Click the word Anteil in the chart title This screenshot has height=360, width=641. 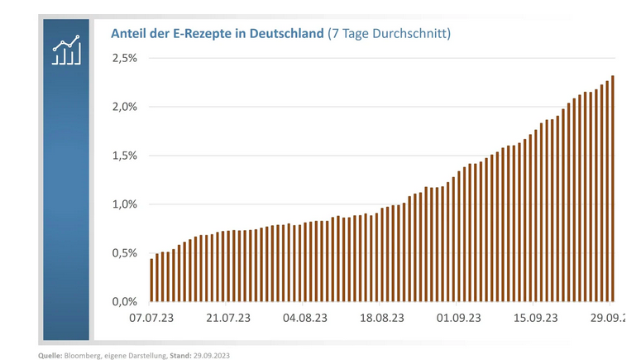(x=129, y=34)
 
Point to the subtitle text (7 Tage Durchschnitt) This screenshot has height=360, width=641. (x=389, y=34)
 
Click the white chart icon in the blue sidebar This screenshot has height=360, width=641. (x=66, y=50)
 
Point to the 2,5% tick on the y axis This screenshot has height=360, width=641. (x=124, y=58)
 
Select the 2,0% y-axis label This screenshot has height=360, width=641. (x=124, y=107)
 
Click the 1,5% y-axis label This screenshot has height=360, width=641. (x=124, y=156)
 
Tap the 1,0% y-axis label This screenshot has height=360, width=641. (x=124, y=204)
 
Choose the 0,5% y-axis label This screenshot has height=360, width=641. (x=124, y=253)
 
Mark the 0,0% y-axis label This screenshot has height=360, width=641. (x=124, y=301)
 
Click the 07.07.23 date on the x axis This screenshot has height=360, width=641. (x=151, y=318)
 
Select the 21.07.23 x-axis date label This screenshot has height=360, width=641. (x=227, y=318)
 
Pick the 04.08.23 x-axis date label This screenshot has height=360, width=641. (x=304, y=318)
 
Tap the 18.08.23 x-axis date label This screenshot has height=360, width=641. (x=381, y=318)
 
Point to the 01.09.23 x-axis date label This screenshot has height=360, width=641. (x=458, y=318)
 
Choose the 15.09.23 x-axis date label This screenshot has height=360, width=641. (x=536, y=318)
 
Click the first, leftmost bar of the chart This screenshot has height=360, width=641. (x=151, y=281)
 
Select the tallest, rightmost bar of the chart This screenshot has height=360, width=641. (x=612, y=190)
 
